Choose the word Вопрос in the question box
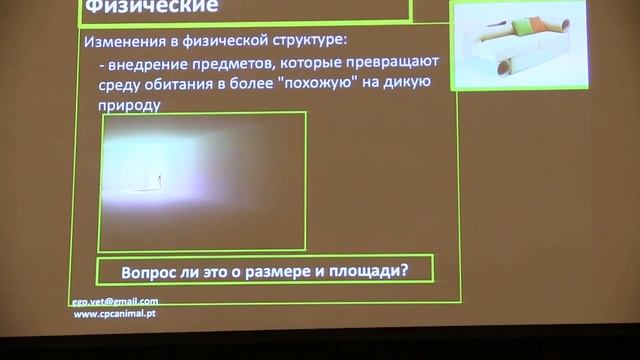(149, 270)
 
